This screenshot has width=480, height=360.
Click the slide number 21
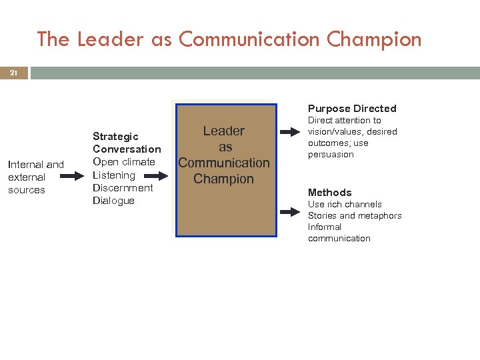(x=13, y=73)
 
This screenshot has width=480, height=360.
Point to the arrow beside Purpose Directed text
(x=291, y=132)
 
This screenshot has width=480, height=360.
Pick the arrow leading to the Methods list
(x=291, y=212)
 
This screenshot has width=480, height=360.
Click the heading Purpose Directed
(x=352, y=108)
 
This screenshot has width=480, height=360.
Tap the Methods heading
(x=329, y=193)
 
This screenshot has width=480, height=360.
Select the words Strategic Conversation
(x=127, y=143)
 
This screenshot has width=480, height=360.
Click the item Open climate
(x=124, y=162)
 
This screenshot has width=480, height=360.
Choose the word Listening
(x=114, y=175)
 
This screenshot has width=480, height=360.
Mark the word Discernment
(x=123, y=188)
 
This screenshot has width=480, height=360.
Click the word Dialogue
(x=113, y=201)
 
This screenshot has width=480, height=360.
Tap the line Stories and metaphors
(x=355, y=215)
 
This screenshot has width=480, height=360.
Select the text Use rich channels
(x=345, y=204)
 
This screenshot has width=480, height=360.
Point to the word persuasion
(x=331, y=155)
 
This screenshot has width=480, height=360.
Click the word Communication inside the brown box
(x=224, y=163)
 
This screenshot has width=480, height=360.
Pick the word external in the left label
(x=27, y=177)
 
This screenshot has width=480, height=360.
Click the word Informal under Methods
(x=325, y=227)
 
